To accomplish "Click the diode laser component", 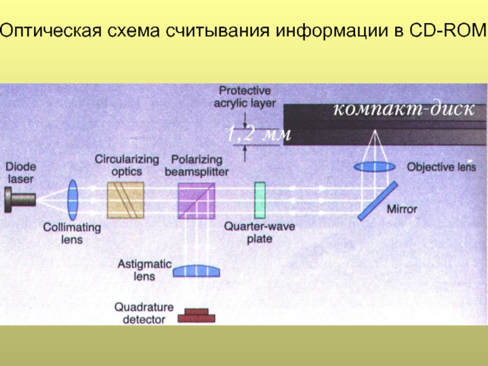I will point(19,199).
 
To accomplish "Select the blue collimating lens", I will point(73,199).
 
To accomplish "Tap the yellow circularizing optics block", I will point(125,199).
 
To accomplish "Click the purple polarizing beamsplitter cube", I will point(196,199).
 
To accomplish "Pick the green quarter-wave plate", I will point(260,199).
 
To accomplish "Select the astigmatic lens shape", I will point(196,270).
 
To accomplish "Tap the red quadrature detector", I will point(196,315).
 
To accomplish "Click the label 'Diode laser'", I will point(21,172).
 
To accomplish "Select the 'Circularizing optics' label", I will point(126,165).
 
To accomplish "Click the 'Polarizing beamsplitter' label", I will point(196,165).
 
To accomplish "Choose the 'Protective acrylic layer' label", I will point(245,96).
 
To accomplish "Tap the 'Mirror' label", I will point(402,209).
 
